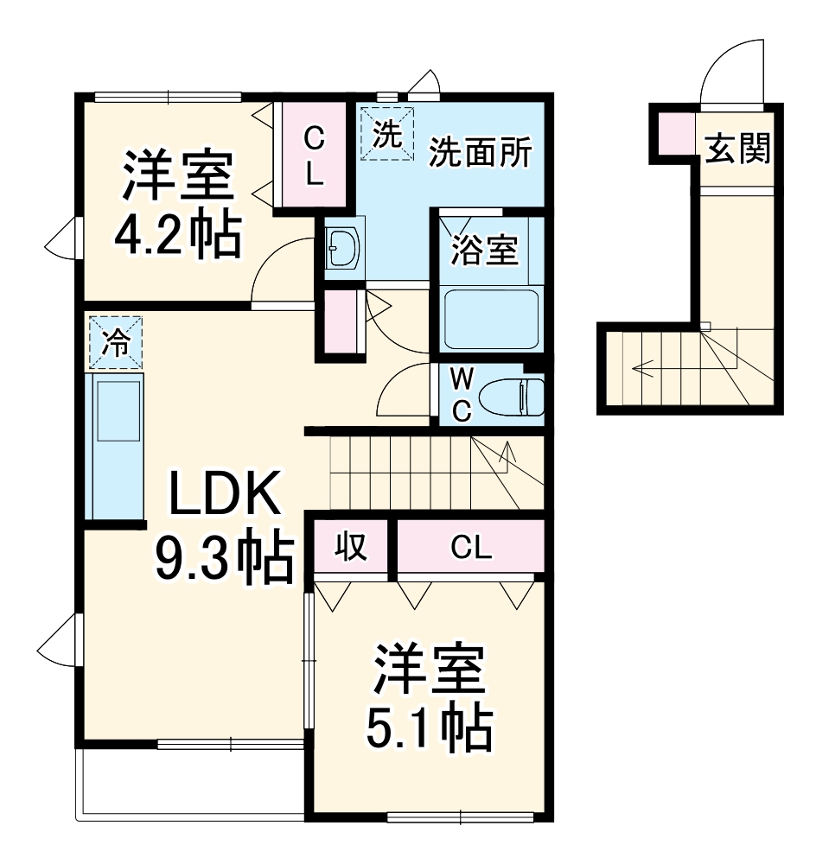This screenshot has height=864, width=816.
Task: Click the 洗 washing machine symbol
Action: pos(387,133)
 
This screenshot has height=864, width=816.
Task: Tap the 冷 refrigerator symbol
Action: pos(114,342)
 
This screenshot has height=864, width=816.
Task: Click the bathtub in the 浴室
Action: pos(490,318)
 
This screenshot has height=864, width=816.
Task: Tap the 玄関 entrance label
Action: pos(737,149)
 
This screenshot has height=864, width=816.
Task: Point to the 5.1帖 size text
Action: pos(430,728)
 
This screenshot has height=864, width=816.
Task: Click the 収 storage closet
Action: pos(352,546)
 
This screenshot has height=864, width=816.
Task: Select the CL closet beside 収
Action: pos(470,546)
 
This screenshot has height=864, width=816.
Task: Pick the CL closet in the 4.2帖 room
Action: pos(315,156)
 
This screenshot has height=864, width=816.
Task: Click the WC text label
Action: pos(462,396)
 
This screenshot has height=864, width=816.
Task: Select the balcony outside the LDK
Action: pos(190,782)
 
